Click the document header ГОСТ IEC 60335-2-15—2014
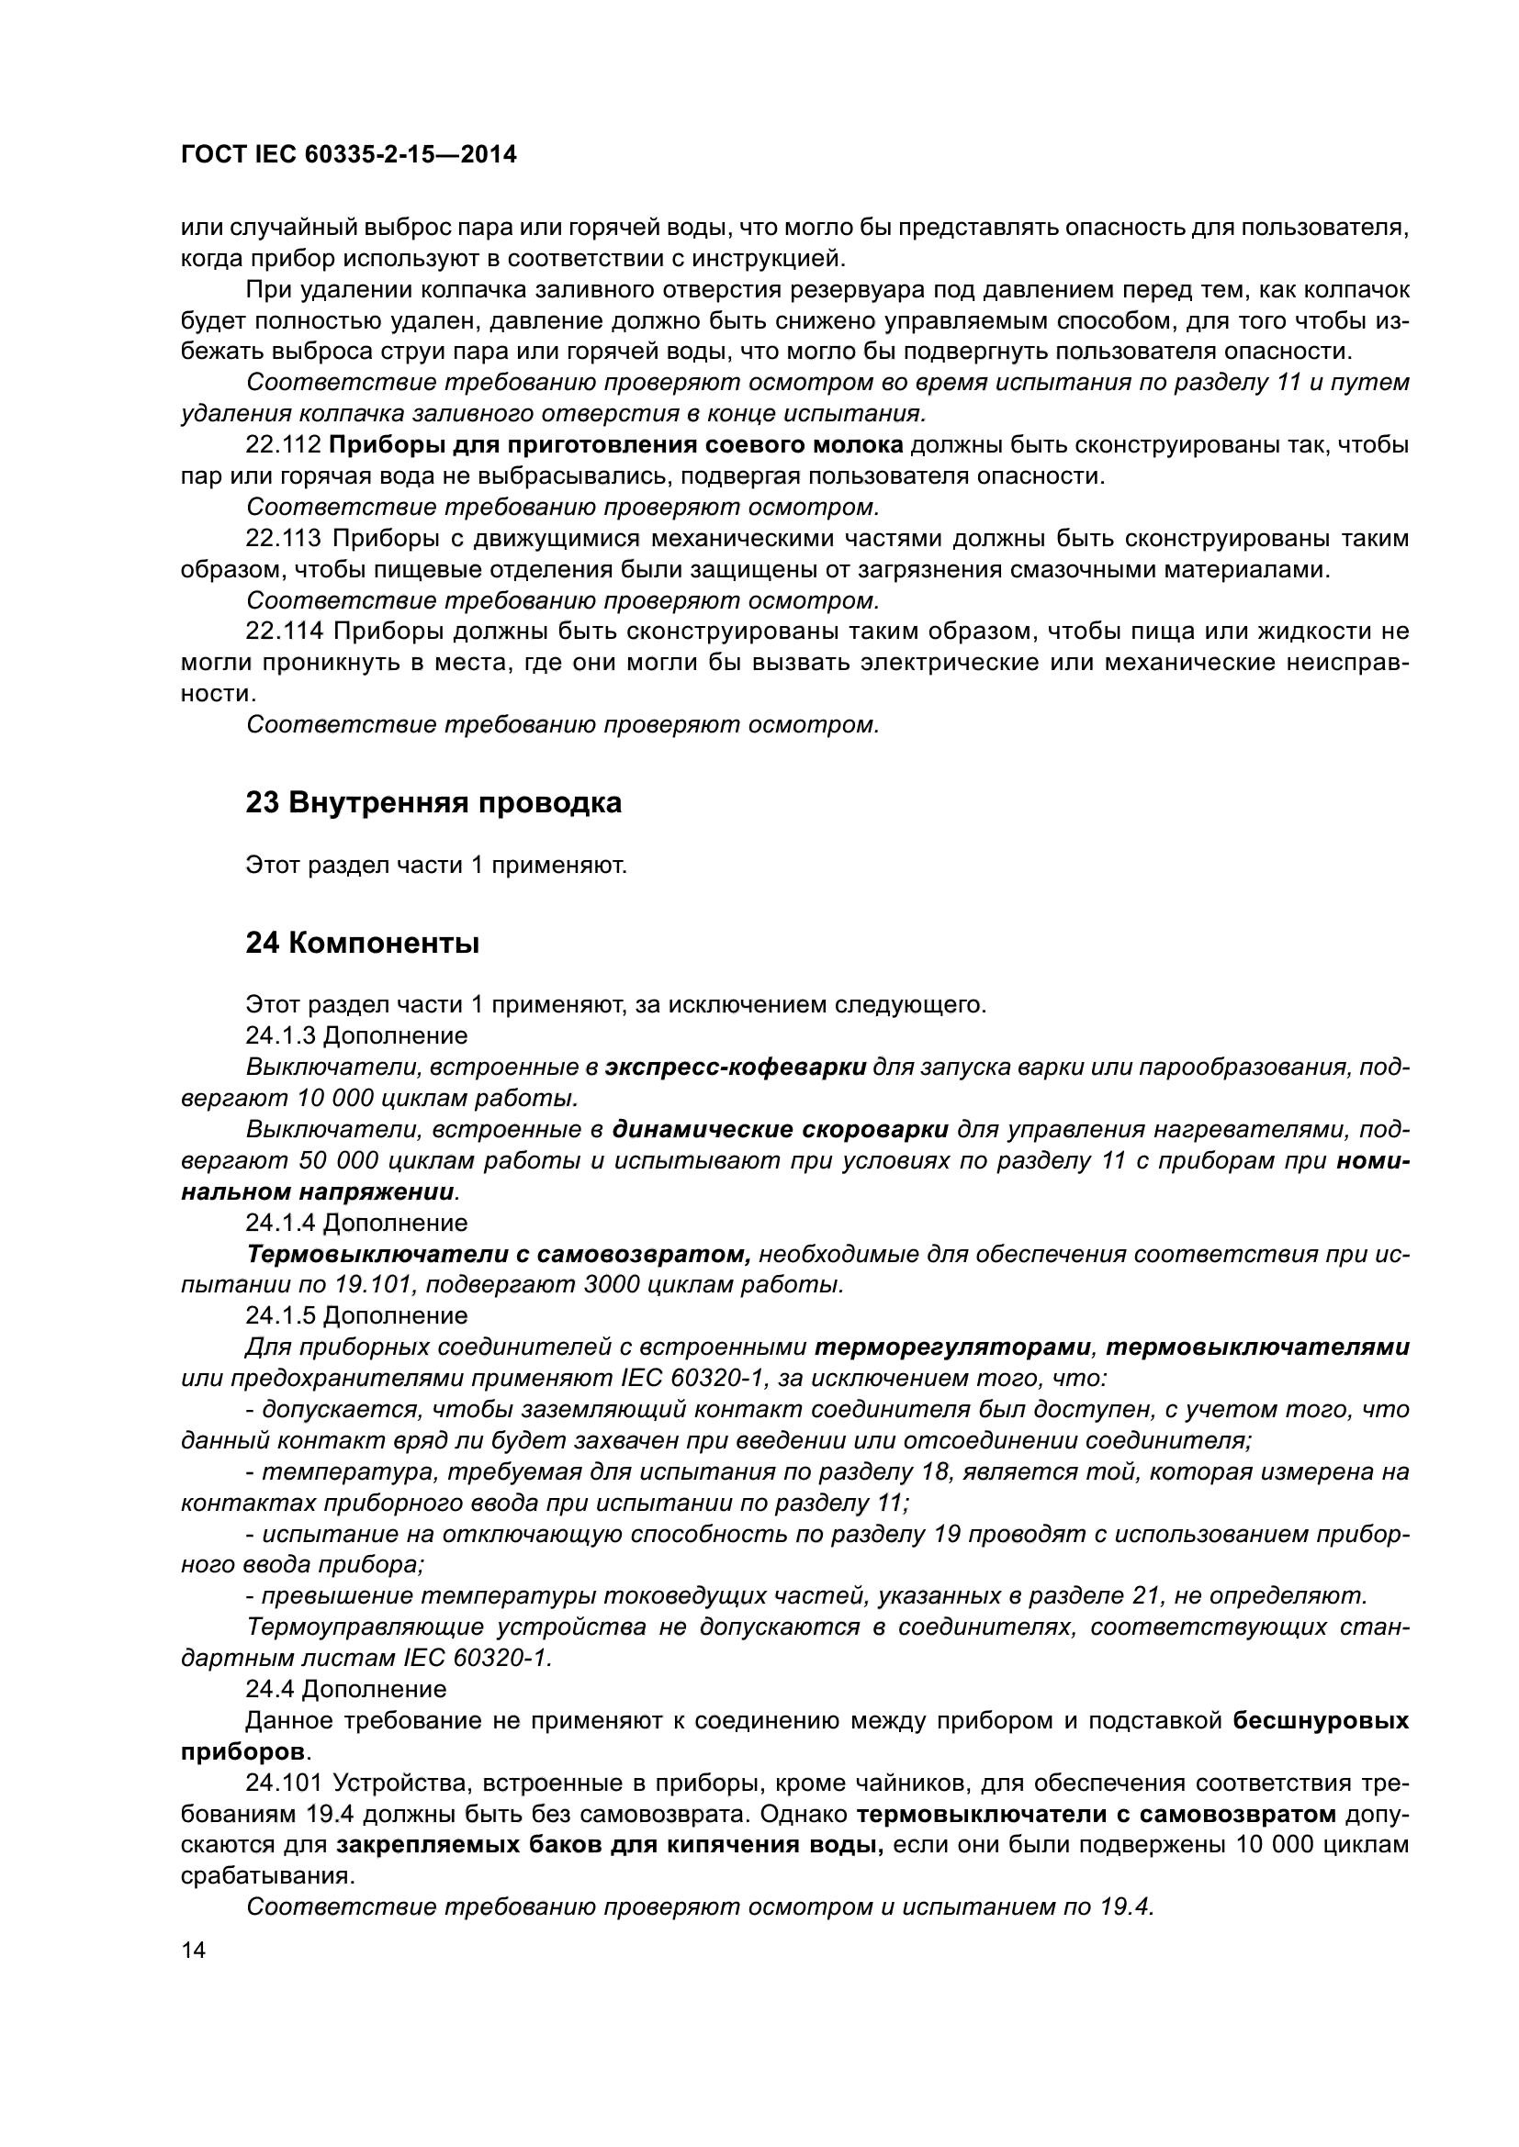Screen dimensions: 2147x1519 348,155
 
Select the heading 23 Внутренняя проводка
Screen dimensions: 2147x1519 433,802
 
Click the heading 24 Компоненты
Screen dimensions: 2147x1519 362,944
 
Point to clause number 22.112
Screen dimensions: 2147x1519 284,445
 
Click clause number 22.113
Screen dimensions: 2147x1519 284,539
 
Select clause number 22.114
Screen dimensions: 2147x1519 284,632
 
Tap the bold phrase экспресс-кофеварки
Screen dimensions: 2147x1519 736,1067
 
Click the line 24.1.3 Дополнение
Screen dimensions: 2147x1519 356,1036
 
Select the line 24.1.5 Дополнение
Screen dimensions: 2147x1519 356,1315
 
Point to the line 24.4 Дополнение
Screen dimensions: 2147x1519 346,1689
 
